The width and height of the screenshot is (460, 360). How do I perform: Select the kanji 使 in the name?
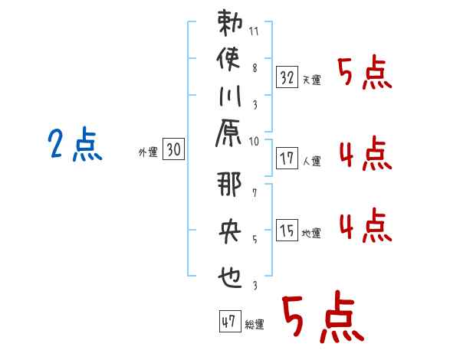click(x=229, y=58)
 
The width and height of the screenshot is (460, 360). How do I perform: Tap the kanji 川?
click(x=229, y=98)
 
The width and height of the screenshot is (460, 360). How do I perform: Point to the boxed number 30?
click(x=173, y=151)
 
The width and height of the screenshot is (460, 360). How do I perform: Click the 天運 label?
click(x=311, y=80)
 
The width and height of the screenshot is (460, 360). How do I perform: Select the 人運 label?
click(x=311, y=162)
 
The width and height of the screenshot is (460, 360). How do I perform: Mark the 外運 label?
click(x=148, y=153)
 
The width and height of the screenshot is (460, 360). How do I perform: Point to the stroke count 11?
click(x=254, y=33)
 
